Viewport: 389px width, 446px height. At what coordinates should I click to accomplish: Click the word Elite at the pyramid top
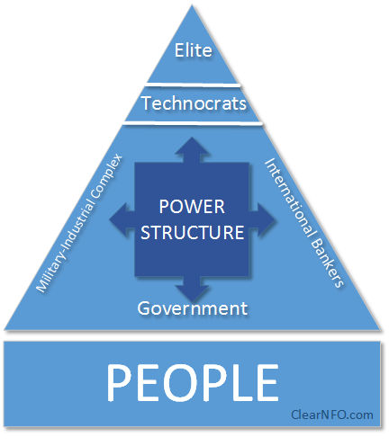194,49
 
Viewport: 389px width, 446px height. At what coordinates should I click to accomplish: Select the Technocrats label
194,103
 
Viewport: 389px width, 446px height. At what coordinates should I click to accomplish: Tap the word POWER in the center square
192,207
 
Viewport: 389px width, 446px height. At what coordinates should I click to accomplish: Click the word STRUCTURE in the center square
192,232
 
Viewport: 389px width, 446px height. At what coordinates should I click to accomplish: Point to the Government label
193,308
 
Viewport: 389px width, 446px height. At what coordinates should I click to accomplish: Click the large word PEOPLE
193,382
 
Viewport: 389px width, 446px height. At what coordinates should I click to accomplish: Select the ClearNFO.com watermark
332,415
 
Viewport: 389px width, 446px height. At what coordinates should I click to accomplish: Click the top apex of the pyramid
192,4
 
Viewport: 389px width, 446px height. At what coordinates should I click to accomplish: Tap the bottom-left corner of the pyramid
5,329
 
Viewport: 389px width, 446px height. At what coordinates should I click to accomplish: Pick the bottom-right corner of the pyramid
381,330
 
